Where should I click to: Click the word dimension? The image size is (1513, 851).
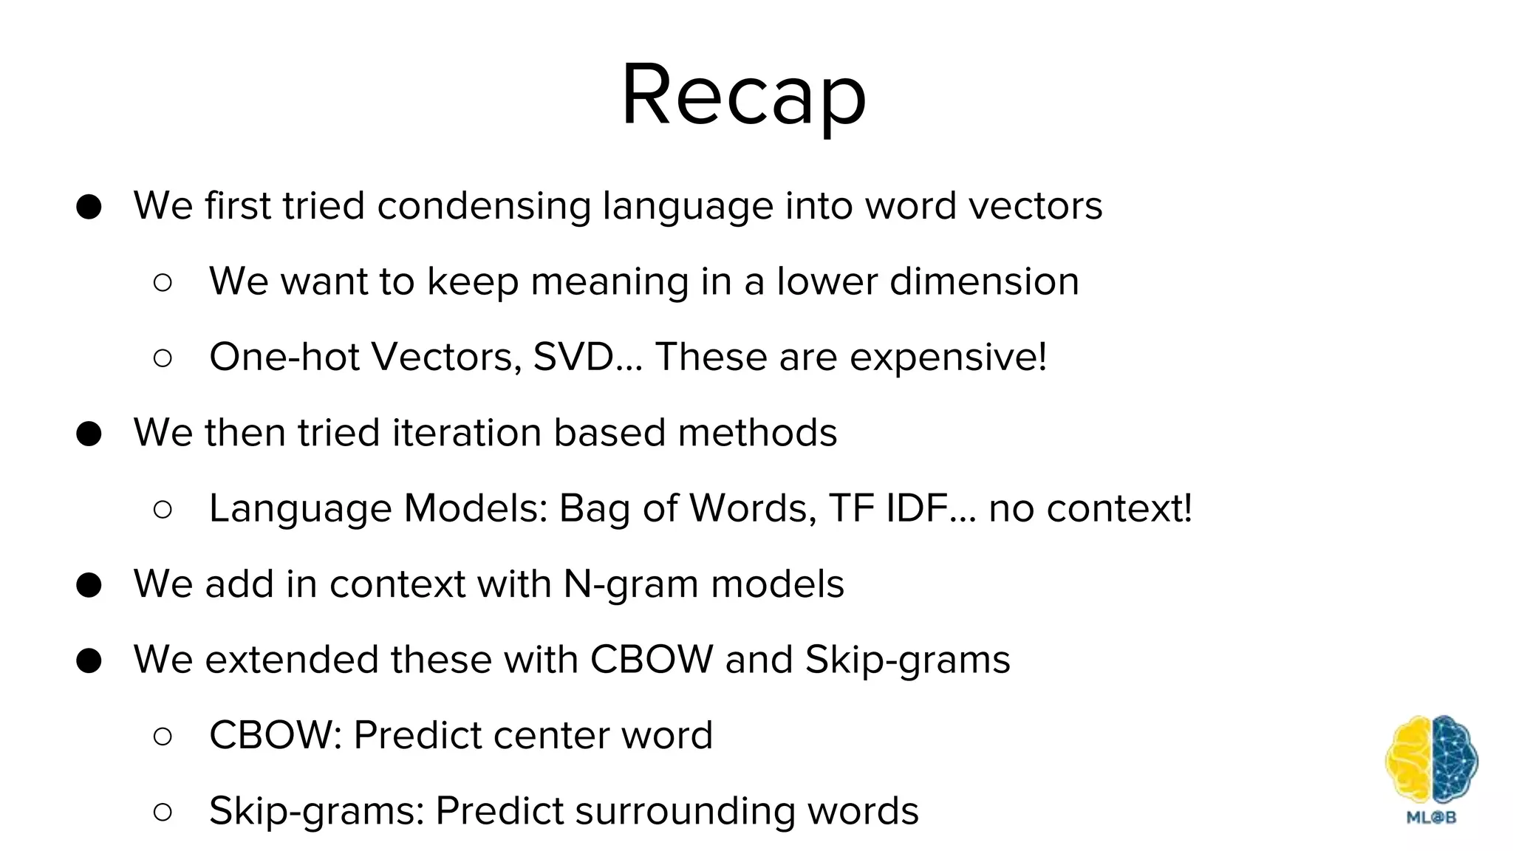(984, 281)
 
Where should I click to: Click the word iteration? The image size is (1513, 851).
(467, 433)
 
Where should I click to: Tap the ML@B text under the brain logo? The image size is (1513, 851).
(1431, 817)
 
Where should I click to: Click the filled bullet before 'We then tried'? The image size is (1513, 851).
(89, 434)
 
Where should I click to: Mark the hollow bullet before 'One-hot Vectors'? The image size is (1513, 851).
(163, 358)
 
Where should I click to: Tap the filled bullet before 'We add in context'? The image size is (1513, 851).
(89, 585)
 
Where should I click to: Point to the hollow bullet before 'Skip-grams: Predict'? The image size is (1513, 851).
(163, 812)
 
